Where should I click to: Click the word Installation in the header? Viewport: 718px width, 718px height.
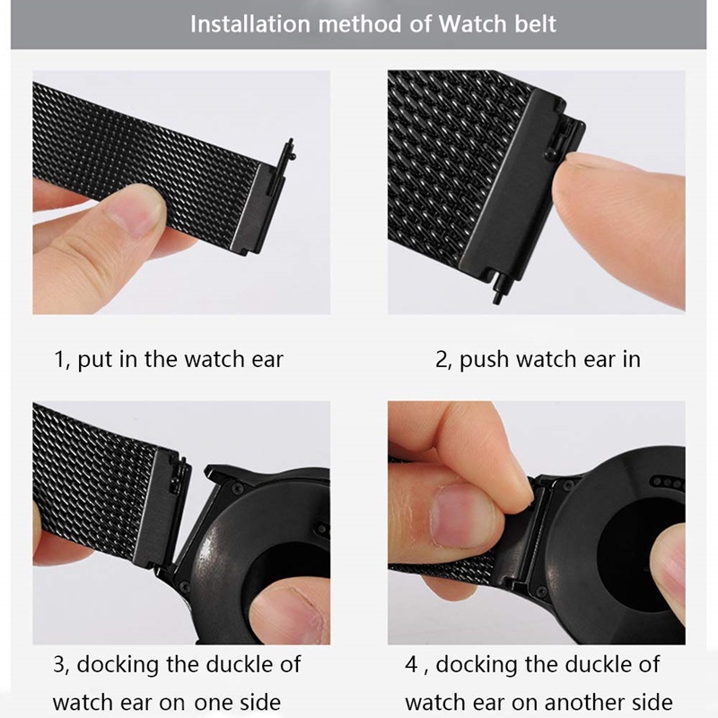pos(250,24)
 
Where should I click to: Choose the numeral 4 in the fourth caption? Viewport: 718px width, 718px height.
pos(411,665)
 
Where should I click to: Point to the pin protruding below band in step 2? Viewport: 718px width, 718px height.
pos(497,290)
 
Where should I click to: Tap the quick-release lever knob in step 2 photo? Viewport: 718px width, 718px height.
pos(550,154)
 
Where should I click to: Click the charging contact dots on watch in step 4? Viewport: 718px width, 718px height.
pos(667,482)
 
